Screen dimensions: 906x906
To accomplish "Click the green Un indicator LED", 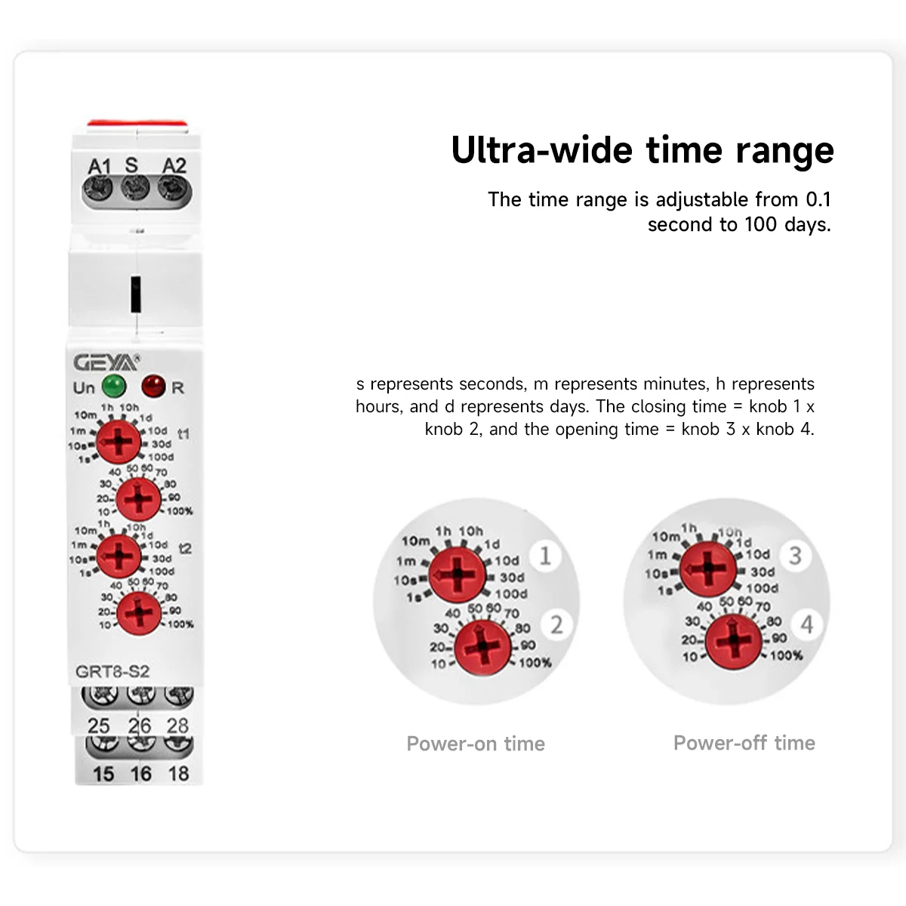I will (x=114, y=387).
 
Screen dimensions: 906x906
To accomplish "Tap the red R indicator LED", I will (x=153, y=387).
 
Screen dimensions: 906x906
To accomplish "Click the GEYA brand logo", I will (x=106, y=363).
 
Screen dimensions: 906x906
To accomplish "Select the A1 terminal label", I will (x=99, y=166).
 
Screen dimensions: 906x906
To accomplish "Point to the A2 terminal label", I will (x=174, y=166).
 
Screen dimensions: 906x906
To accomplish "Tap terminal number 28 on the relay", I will (x=177, y=726).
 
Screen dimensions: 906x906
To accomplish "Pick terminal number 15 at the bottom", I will (x=103, y=774).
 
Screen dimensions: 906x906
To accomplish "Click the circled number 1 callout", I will (x=545, y=556).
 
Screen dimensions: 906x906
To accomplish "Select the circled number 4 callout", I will (x=806, y=624).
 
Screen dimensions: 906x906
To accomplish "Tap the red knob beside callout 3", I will (x=708, y=569).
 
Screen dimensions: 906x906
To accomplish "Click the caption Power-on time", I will (x=476, y=744).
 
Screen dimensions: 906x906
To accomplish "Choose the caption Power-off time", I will (x=744, y=743).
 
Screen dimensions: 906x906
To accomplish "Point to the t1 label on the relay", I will (x=183, y=433).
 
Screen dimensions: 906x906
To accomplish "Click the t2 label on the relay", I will (x=185, y=548).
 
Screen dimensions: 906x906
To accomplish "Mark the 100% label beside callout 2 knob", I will (x=535, y=663).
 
